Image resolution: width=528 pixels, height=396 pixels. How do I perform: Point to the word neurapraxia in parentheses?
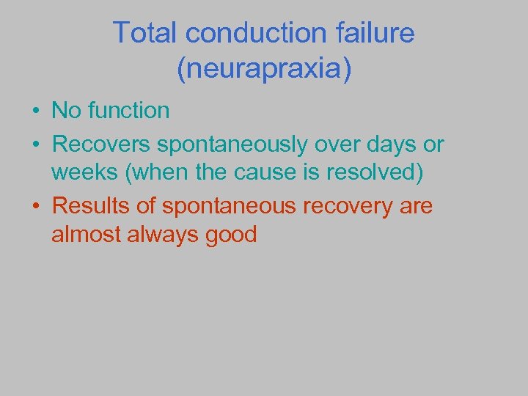264,69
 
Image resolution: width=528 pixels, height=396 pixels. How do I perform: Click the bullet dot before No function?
35,112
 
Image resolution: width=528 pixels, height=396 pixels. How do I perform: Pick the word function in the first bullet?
128,111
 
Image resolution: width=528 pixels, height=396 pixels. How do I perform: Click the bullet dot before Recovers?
35,145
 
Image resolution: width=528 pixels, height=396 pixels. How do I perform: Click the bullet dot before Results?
35,208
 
